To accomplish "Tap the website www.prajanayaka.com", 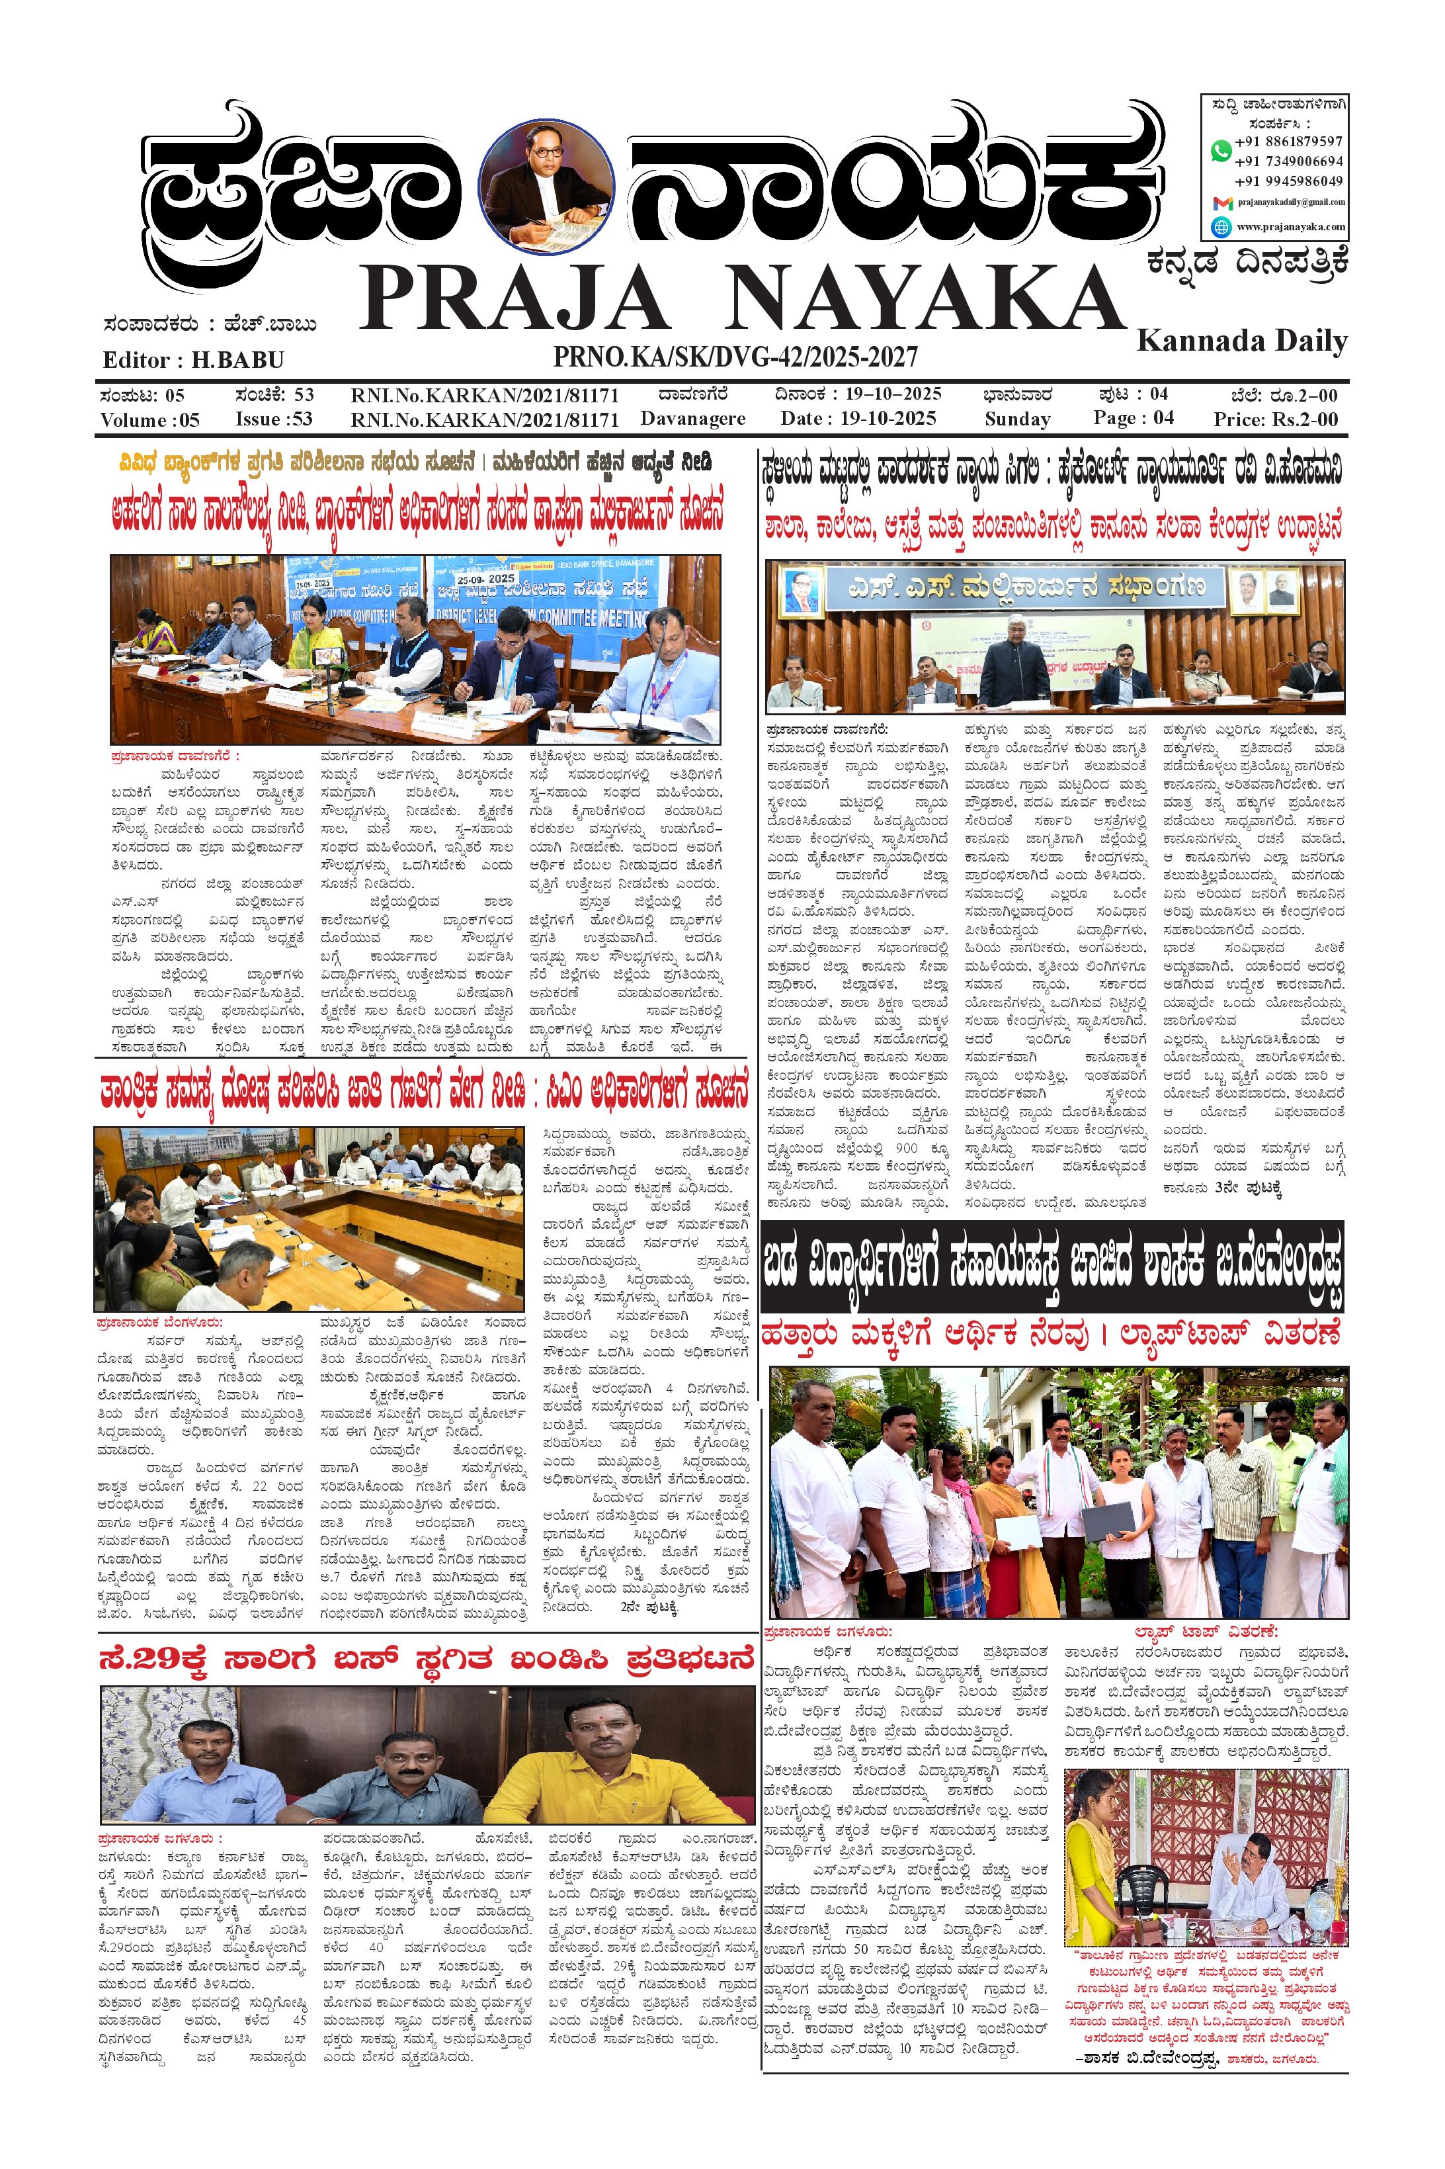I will tap(1290, 226).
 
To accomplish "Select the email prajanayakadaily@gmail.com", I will tap(1290, 202).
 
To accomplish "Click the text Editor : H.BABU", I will tap(194, 359).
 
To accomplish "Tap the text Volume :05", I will tap(149, 420).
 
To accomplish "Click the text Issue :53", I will tap(274, 420).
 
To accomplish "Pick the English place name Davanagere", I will tap(693, 420).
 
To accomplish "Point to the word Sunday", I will tap(1017, 420).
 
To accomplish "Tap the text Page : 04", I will tap(1134, 418).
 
